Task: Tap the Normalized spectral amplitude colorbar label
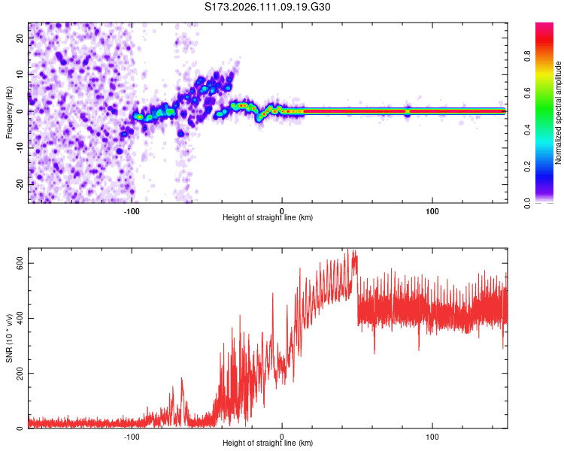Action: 558,113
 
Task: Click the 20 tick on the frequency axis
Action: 20,39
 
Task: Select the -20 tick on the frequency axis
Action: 19,183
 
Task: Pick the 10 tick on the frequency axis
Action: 20,75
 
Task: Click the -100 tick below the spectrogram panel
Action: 132,210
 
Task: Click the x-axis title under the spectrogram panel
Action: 268,218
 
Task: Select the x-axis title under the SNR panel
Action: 268,443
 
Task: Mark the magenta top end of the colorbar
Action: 544,24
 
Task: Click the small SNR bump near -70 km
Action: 181,383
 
